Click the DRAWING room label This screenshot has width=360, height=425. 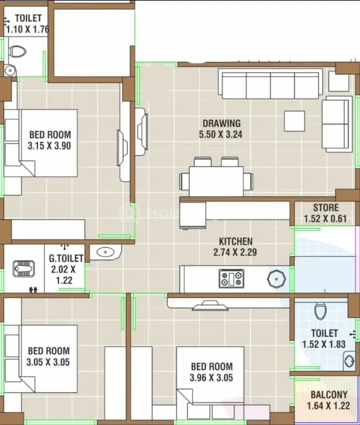coord(222,123)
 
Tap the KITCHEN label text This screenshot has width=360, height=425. coord(235,241)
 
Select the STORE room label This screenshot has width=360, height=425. coord(326,207)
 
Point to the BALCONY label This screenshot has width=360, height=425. coord(329,395)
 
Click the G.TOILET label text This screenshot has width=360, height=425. coord(66,258)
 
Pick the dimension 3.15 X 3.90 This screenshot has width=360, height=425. coord(49,145)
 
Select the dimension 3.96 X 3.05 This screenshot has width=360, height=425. coord(211,378)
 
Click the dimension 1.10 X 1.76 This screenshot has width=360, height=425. coord(27,29)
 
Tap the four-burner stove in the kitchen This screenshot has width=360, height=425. coord(232,278)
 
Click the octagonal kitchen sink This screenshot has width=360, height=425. coord(276,278)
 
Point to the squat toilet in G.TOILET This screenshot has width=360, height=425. coord(24,269)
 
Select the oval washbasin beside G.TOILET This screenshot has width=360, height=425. coord(105,252)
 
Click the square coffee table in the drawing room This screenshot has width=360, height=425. coord(294,121)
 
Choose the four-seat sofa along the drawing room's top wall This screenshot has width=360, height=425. coord(271,84)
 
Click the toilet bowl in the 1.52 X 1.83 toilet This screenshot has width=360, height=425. coord(320,311)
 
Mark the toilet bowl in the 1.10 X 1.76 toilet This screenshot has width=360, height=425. coord(18,52)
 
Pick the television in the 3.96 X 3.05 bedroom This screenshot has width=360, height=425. coord(210,305)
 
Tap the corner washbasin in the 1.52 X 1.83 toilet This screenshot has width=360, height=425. coord(349,361)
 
